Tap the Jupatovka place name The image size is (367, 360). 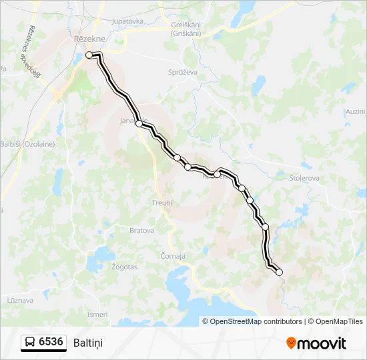click(128, 21)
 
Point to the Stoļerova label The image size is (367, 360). click(306, 178)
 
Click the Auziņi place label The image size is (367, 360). click(356, 111)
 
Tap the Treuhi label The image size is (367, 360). click(161, 203)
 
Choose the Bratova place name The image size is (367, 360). click(141, 231)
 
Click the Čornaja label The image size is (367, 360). click(173, 255)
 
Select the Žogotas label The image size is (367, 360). click(125, 267)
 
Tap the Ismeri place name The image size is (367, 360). click(97, 314)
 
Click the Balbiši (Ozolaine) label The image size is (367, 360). click(27, 143)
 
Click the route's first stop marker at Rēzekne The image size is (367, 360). click(89, 55)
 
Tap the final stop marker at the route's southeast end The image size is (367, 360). click(279, 272)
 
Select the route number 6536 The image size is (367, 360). click(51, 342)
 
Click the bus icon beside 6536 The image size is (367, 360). click(30, 343)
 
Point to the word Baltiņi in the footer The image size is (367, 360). click(89, 343)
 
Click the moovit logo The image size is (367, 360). click(316, 343)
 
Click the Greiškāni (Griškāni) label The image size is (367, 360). click(186, 29)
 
